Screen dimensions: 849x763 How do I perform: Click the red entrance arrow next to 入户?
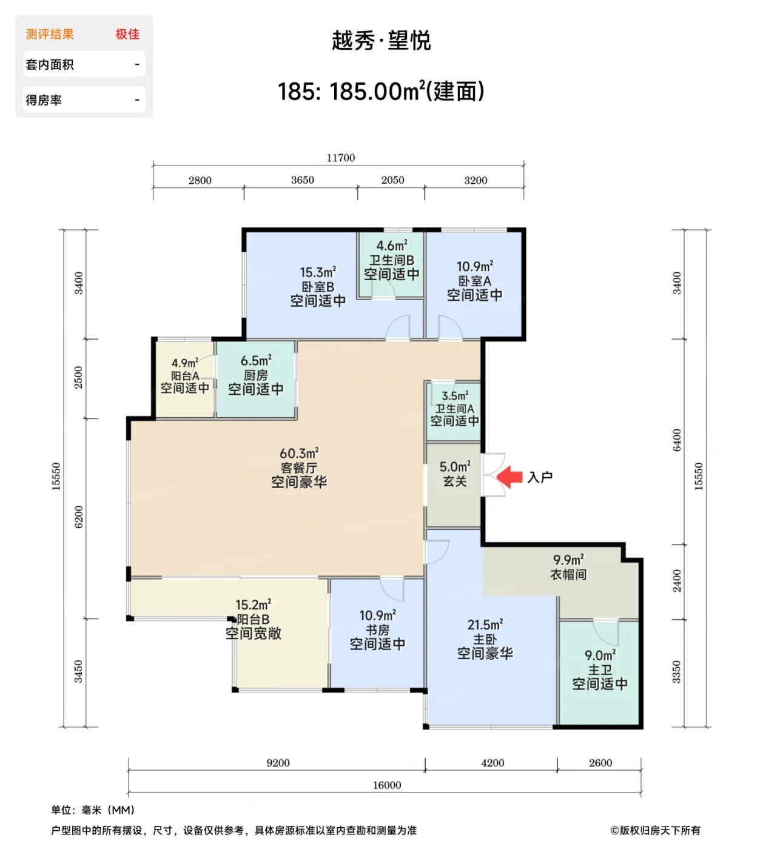coord(510,477)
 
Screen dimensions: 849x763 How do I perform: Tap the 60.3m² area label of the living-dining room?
coord(299,454)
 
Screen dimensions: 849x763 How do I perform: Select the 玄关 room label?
coord(455,482)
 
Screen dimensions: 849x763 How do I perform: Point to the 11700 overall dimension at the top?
coord(340,158)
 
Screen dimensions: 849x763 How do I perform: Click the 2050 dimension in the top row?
coord(392,180)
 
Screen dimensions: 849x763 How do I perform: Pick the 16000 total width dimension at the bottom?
coord(386,785)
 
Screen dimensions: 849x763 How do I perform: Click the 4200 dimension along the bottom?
coord(492,763)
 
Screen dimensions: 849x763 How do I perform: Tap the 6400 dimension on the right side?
coord(677,440)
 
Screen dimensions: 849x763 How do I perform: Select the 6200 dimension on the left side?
coord(78,517)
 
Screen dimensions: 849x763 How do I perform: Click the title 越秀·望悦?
coord(381,41)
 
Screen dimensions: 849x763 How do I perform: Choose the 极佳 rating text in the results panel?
coord(127,35)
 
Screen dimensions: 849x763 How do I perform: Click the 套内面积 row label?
coord(50,64)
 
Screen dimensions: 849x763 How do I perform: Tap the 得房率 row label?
coord(44,100)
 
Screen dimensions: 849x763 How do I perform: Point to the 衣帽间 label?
coord(568,574)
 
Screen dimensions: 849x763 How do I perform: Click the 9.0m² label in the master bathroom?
coord(600,656)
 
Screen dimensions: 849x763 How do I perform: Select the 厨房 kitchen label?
coord(255,375)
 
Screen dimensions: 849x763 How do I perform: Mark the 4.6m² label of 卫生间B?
coord(391,246)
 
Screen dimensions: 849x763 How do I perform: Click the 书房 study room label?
coord(377,630)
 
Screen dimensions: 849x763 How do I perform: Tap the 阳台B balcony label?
coord(253,619)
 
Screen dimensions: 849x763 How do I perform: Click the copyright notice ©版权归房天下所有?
coord(655,830)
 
